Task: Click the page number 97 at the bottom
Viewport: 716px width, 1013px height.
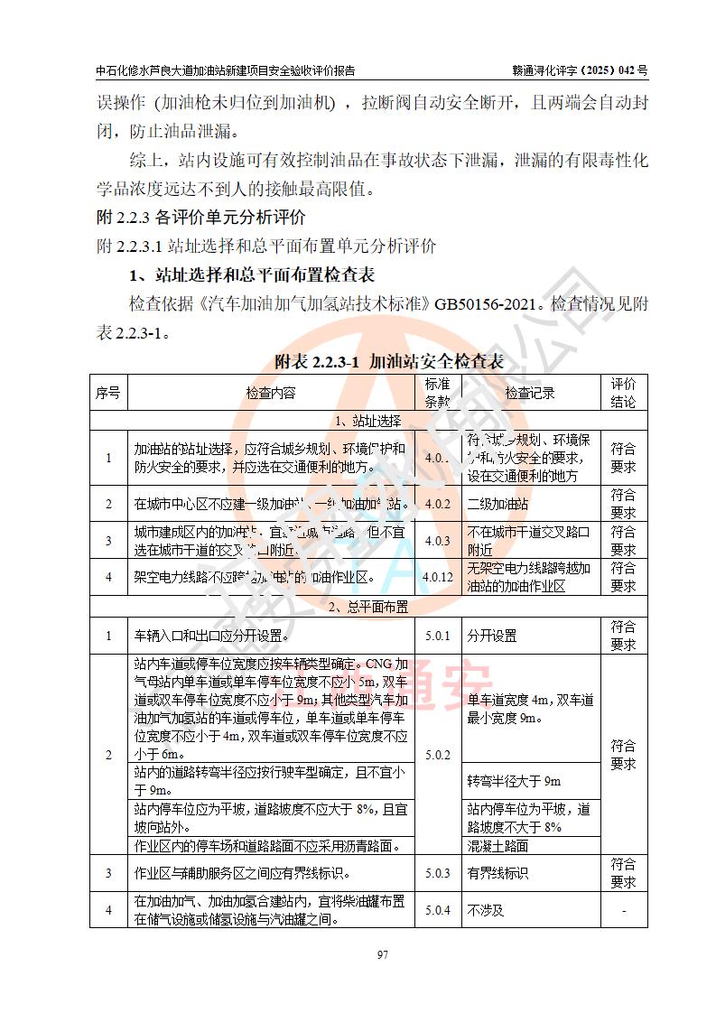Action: [357, 954]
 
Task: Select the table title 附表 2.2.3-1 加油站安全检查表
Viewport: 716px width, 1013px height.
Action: [389, 362]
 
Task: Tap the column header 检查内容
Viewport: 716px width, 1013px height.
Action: [270, 393]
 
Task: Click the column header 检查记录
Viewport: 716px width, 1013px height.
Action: [530, 393]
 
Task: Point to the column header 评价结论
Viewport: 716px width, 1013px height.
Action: [623, 393]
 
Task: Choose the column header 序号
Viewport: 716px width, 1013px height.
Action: [107, 393]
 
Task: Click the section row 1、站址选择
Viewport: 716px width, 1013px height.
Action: [367, 420]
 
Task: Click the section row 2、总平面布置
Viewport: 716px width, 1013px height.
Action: [367, 606]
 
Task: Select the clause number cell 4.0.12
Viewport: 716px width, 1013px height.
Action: [438, 577]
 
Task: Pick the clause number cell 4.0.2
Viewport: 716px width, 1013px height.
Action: [438, 504]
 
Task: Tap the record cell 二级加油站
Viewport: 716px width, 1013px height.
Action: [497, 504]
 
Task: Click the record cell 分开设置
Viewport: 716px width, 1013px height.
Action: [492, 636]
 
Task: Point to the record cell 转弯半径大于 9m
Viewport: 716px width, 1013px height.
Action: [514, 781]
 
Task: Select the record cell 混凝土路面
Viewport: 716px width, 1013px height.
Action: [497, 846]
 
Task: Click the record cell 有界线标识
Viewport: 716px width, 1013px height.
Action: [497, 873]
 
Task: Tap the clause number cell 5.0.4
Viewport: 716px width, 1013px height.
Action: [438, 911]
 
